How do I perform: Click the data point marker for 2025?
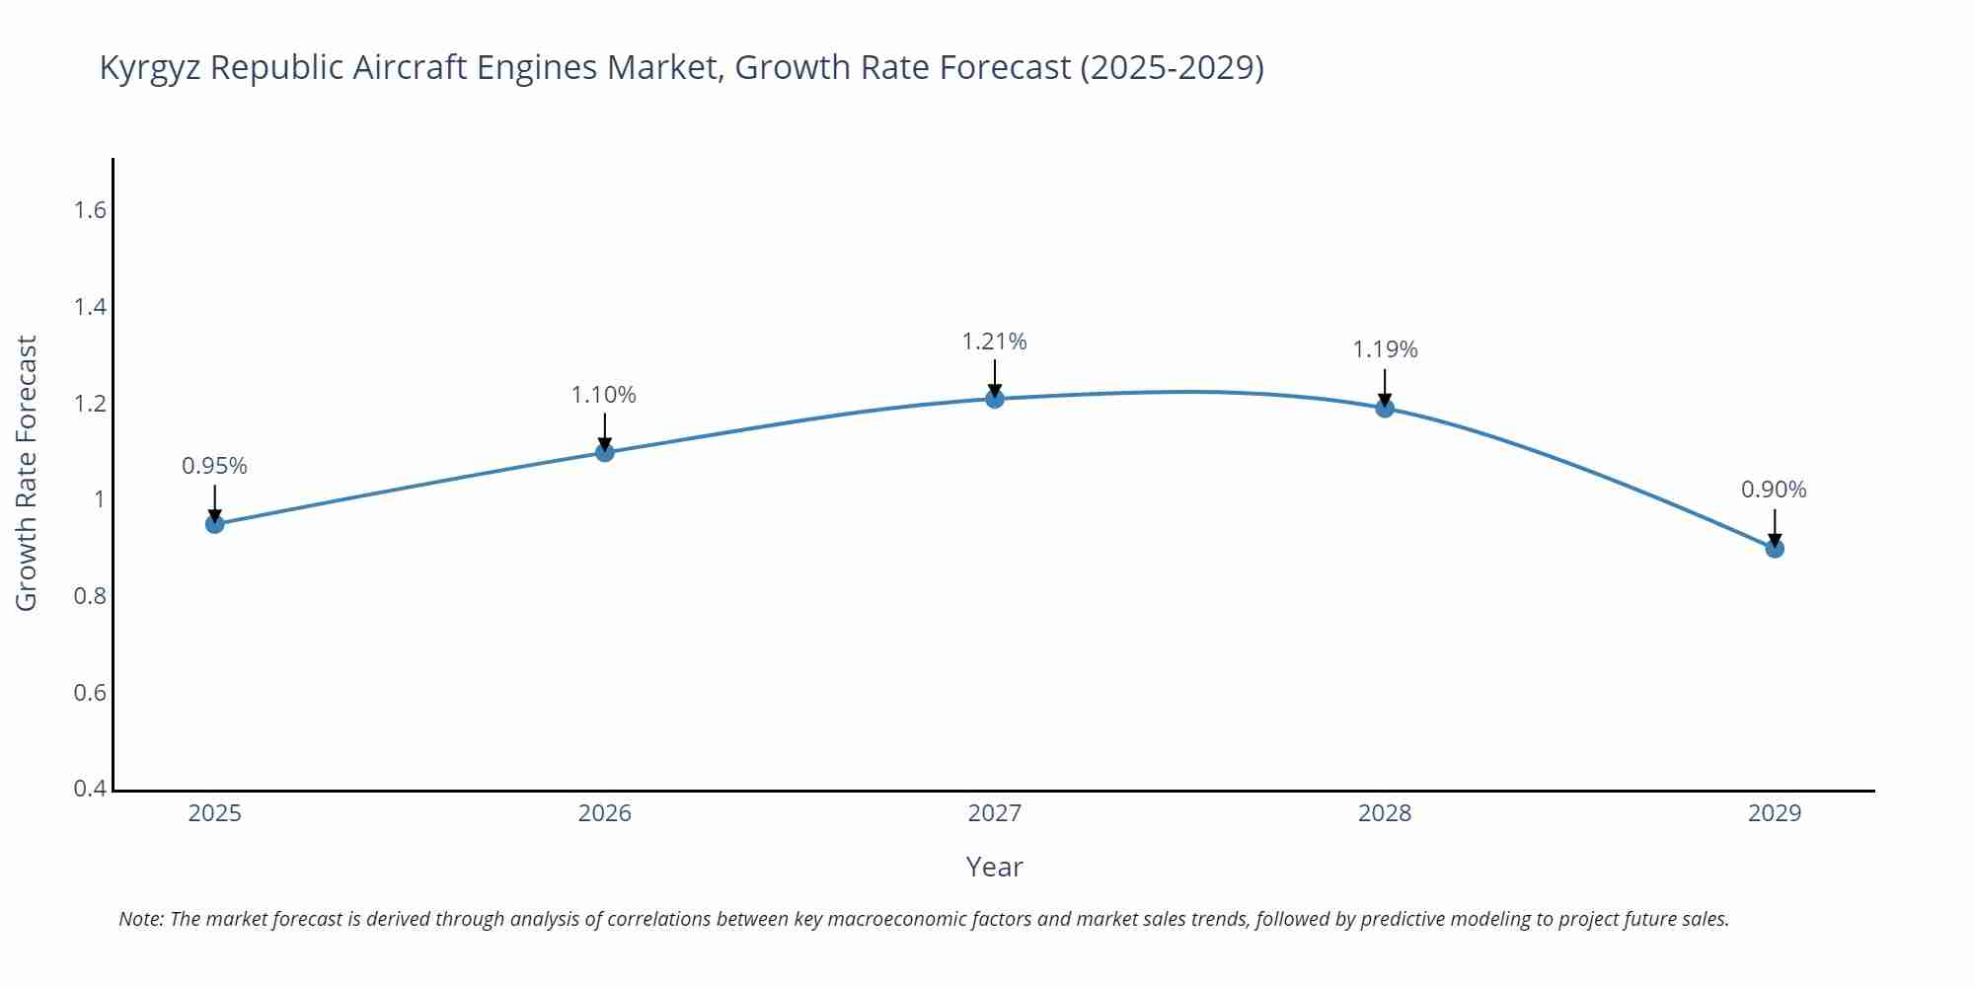214,524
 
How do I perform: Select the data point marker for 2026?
605,452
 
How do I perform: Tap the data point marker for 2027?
995,399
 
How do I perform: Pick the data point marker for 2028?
1385,408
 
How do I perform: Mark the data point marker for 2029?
1775,549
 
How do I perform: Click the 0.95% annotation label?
214,466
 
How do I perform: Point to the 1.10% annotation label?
604,395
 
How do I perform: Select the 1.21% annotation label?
994,342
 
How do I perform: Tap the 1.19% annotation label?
1385,349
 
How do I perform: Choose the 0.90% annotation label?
1774,490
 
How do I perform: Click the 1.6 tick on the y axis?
90,210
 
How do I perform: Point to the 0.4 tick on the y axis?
90,789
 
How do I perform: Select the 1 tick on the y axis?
99,499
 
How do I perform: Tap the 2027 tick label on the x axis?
995,813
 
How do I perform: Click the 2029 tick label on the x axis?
1775,813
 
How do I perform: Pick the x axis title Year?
994,867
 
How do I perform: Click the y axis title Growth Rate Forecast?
27,473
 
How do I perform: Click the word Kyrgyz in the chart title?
150,68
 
